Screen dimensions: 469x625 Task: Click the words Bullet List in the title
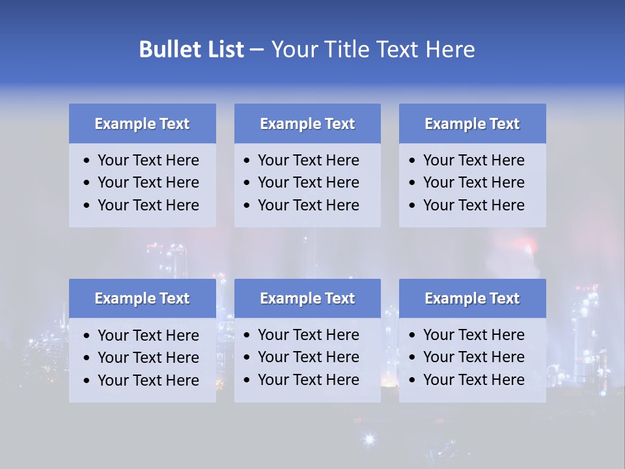point(191,50)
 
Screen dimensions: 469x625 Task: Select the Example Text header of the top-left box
point(142,124)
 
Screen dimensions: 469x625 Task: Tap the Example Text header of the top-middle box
point(307,124)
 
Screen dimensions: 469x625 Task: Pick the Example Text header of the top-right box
point(472,124)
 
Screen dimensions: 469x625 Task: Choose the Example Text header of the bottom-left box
point(142,298)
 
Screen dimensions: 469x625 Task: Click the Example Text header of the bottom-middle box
point(307,298)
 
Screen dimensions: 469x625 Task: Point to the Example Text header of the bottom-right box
point(472,298)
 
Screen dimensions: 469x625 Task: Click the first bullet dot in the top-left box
point(87,161)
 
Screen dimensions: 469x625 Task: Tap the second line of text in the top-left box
point(148,182)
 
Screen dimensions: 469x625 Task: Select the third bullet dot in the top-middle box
point(247,206)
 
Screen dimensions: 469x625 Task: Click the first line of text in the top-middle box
point(308,160)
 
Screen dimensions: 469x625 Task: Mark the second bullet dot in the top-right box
point(413,183)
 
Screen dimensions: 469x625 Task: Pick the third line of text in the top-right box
point(473,205)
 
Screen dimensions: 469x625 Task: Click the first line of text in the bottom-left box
point(148,335)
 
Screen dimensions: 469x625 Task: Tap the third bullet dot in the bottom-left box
point(87,381)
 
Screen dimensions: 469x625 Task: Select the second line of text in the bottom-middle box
point(308,357)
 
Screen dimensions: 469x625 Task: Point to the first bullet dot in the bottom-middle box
point(247,335)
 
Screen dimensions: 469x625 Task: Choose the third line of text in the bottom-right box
point(473,380)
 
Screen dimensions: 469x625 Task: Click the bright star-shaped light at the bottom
point(369,440)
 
